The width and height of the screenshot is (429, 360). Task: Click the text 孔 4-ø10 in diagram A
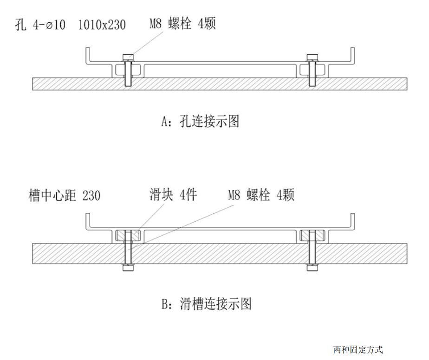coord(42,24)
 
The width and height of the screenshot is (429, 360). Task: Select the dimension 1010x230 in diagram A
coord(102,24)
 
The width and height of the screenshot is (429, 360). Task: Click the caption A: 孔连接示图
coord(200,122)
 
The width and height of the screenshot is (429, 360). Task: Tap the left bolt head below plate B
coord(128,268)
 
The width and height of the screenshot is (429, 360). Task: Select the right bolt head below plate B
coord(312,268)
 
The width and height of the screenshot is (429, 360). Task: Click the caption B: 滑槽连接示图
coord(207,304)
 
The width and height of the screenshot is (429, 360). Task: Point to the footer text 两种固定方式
coord(357,349)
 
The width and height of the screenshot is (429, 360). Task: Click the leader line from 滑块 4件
coord(150,216)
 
